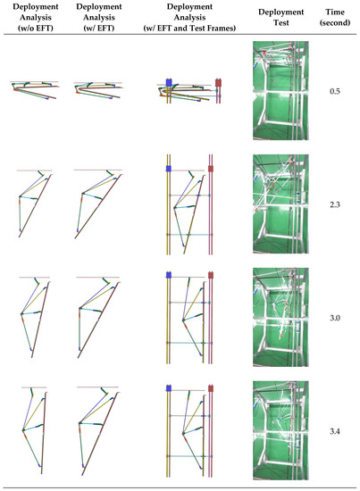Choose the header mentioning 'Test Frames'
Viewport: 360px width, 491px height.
[x=188, y=20]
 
